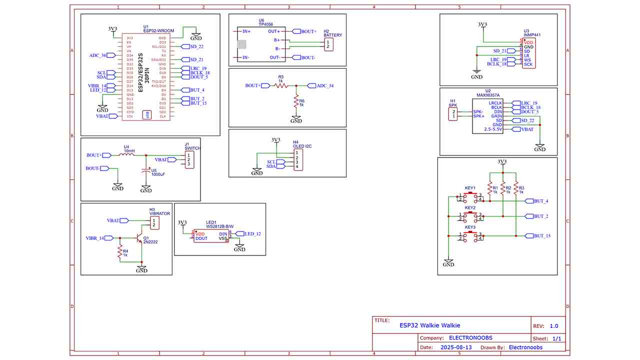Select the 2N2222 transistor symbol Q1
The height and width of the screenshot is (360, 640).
pyautogui.click(x=139, y=238)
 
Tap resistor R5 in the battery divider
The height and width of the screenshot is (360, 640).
pyautogui.click(x=280, y=85)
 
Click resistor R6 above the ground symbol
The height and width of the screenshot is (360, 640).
pyautogui.click(x=296, y=102)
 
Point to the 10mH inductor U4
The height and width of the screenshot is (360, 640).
pyautogui.click(x=126, y=155)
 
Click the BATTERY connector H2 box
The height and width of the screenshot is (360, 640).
pyautogui.click(x=328, y=44)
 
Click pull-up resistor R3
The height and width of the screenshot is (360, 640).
pyautogui.click(x=515, y=188)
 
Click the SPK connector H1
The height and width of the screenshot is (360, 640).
pyautogui.click(x=453, y=114)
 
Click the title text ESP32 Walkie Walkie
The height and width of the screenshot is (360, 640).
pyautogui.click(x=429, y=325)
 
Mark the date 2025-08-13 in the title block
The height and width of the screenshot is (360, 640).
pyautogui.click(x=455, y=347)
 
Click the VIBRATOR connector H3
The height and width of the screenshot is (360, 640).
pyautogui.click(x=155, y=222)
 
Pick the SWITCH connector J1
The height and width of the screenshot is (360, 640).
pyautogui.click(x=189, y=159)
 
